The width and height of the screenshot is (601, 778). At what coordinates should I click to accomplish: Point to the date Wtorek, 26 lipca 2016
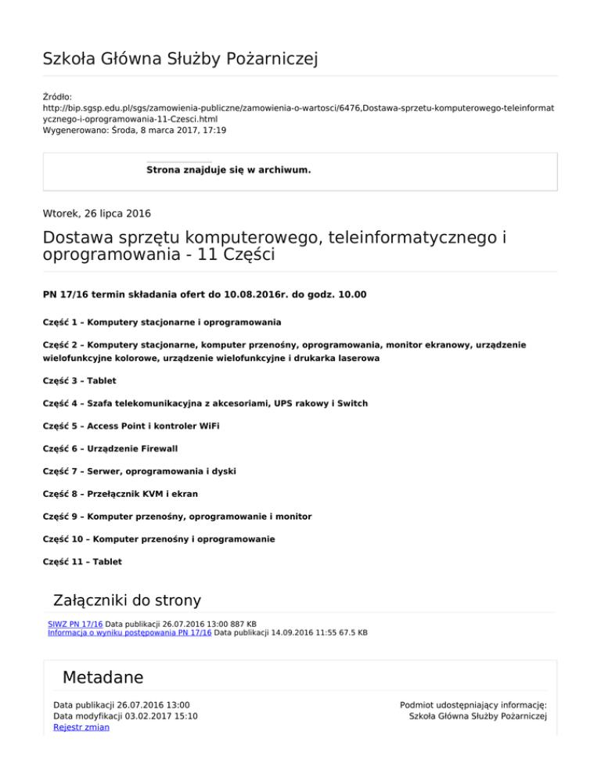[97, 212]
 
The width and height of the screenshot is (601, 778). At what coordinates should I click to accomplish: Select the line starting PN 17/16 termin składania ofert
[205, 294]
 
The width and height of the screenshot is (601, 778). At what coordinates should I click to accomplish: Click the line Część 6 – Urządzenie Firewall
[110, 448]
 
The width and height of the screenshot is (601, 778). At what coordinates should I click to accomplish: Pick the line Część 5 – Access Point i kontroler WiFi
[131, 426]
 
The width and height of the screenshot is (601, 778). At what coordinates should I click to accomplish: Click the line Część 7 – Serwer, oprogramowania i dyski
[139, 471]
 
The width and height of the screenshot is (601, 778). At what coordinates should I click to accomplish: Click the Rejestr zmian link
[81, 727]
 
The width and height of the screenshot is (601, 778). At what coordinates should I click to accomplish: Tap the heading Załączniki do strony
[126, 600]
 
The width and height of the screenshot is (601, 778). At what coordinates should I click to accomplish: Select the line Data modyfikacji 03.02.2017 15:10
[125, 715]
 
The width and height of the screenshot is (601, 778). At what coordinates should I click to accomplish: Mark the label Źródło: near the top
[58, 96]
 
